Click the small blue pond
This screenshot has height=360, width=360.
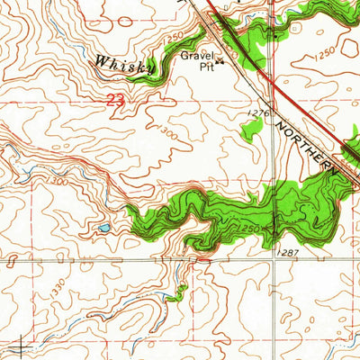point(104,229)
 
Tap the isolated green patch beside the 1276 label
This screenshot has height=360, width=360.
point(255,128)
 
